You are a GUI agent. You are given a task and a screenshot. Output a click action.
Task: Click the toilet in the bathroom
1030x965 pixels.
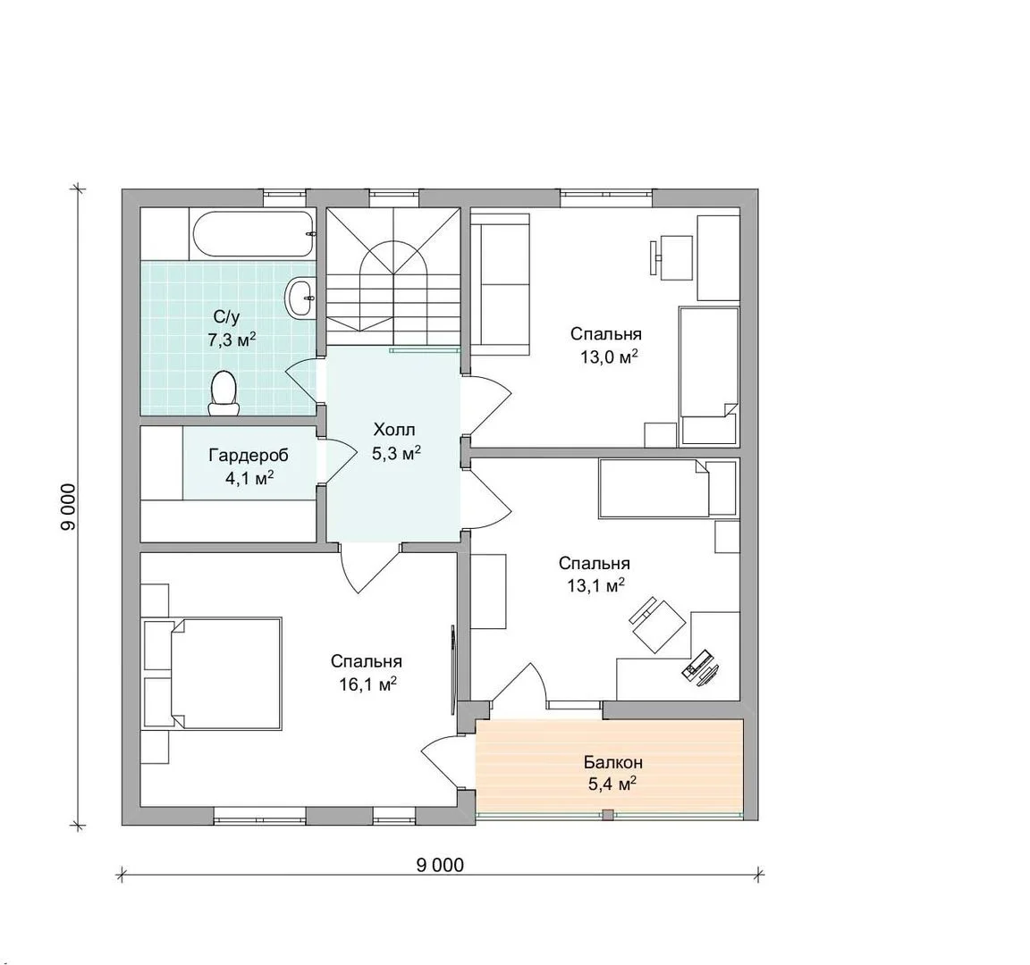(224, 394)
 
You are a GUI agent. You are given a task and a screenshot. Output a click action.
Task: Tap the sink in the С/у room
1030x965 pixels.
(300, 297)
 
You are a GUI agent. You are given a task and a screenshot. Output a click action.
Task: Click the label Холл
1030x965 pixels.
(394, 430)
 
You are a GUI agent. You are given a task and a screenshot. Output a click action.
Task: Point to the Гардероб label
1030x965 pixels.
(249, 455)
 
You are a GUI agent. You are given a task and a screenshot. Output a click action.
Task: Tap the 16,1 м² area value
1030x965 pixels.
(367, 684)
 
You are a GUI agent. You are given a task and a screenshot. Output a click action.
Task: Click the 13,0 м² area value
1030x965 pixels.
(609, 357)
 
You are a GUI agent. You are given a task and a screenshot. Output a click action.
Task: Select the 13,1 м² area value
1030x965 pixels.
(595, 585)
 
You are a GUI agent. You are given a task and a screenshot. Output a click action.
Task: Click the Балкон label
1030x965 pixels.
(613, 762)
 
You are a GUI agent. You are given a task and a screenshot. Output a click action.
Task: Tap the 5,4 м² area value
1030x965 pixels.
(612, 784)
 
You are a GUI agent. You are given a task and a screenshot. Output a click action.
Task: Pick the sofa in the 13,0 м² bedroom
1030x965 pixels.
(502, 283)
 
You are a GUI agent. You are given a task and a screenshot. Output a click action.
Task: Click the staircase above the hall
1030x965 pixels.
(393, 276)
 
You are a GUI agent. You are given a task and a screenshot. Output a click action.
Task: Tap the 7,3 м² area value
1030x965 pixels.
(232, 340)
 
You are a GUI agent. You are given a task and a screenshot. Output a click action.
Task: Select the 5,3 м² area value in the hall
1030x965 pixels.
(396, 453)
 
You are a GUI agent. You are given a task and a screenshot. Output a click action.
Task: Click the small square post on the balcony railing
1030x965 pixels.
(608, 815)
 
